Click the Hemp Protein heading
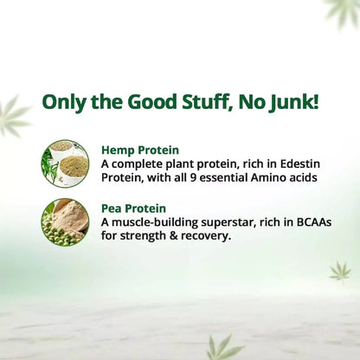pyautogui.click(x=140, y=148)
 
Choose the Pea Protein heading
pyautogui.click(x=135, y=208)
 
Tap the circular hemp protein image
pyautogui.click(x=65, y=163)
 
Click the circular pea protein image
pyautogui.click(x=65, y=222)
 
